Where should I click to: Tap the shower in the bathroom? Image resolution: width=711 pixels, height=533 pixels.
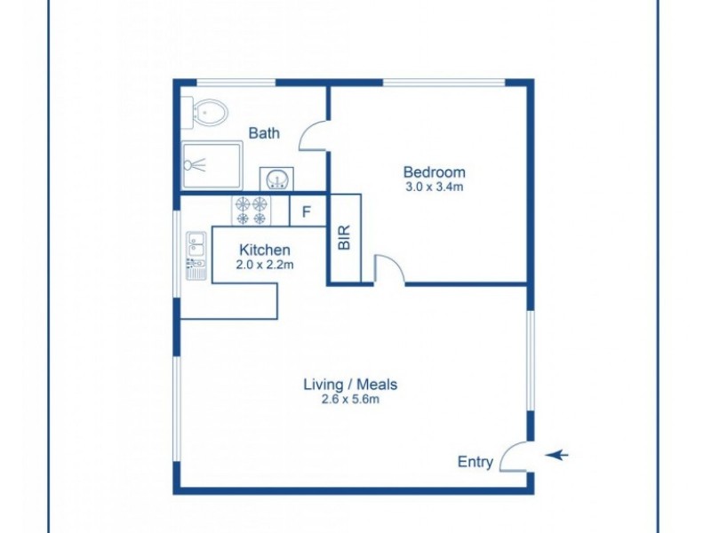pyautogui.click(x=212, y=164)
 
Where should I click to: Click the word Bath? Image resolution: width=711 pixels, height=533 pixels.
pyautogui.click(x=264, y=133)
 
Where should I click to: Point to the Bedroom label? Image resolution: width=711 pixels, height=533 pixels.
pyautogui.click(x=434, y=171)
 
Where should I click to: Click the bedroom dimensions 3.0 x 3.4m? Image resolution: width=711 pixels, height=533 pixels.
pyautogui.click(x=434, y=187)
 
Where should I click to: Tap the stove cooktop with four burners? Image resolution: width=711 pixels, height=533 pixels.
pyautogui.click(x=251, y=211)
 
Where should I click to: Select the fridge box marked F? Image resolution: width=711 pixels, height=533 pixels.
pyautogui.click(x=306, y=211)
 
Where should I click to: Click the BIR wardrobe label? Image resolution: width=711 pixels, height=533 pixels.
pyautogui.click(x=346, y=238)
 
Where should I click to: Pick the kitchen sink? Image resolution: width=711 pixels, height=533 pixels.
pyautogui.click(x=196, y=244)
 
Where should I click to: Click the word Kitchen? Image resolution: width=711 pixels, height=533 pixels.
pyautogui.click(x=265, y=251)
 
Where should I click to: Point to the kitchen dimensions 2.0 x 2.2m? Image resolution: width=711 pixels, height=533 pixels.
pyautogui.click(x=265, y=265)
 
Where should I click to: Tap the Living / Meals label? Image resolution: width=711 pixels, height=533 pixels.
pyautogui.click(x=350, y=385)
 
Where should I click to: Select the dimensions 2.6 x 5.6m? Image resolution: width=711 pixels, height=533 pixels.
pyautogui.click(x=350, y=400)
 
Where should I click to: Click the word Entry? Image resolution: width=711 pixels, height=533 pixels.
pyautogui.click(x=475, y=461)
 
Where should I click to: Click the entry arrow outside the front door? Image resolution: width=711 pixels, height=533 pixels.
pyautogui.click(x=557, y=456)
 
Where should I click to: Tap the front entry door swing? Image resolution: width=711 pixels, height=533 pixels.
pyautogui.click(x=514, y=457)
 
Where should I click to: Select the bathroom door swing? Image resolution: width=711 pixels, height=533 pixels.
pyautogui.click(x=313, y=136)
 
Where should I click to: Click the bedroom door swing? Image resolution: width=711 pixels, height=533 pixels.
pyautogui.click(x=389, y=269)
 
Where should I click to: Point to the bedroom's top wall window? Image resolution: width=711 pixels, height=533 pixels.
pyautogui.click(x=444, y=83)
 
